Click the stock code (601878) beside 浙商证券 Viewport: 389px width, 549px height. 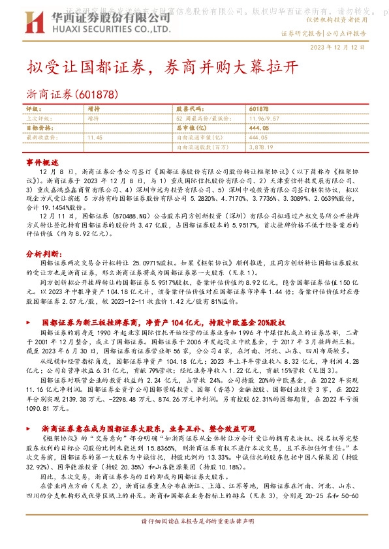[x=97, y=95]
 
